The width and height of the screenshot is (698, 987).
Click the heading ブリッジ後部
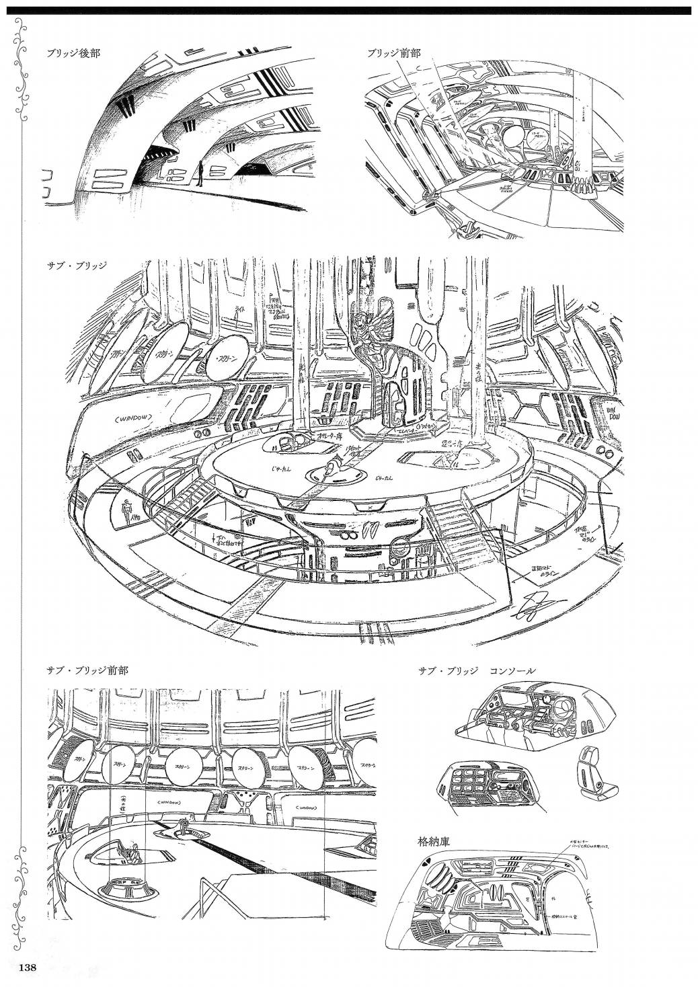[74, 53]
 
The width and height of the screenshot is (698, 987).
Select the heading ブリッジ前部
[393, 53]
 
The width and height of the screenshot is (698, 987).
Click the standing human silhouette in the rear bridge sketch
[200, 173]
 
